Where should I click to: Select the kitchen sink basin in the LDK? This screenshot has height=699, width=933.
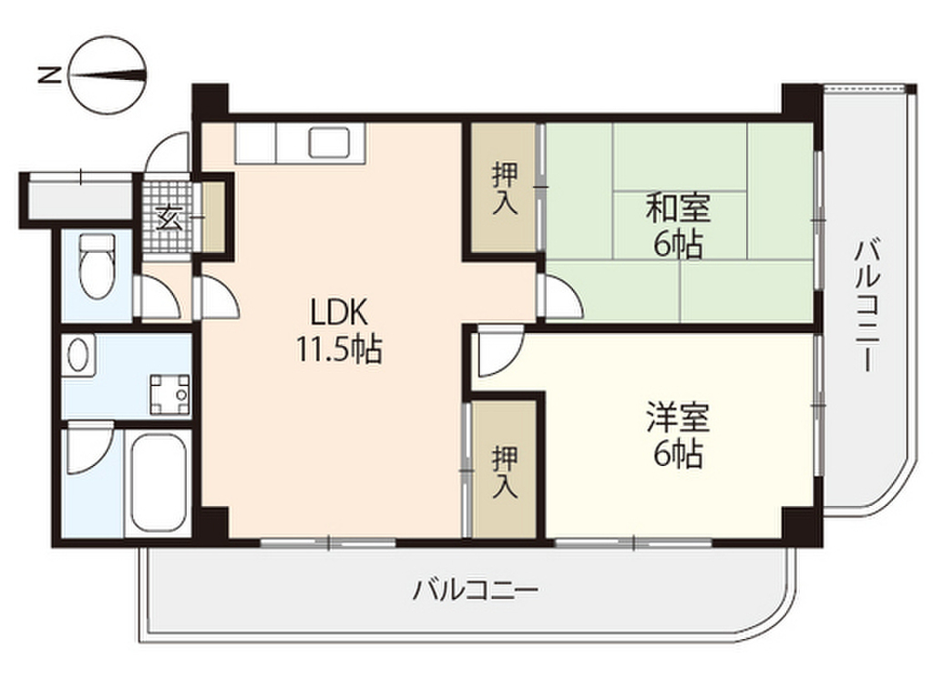327,143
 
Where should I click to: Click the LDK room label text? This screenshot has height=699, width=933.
338,313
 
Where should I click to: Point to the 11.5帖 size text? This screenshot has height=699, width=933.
338,349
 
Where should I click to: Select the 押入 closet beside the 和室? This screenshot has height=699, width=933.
504,187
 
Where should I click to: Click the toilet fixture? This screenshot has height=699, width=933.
97,265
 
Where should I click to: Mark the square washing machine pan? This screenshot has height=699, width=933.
170,391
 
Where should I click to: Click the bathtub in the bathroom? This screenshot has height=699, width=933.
158,482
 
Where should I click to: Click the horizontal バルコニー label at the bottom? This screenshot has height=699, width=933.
476,590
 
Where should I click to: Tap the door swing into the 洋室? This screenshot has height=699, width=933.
497,353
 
